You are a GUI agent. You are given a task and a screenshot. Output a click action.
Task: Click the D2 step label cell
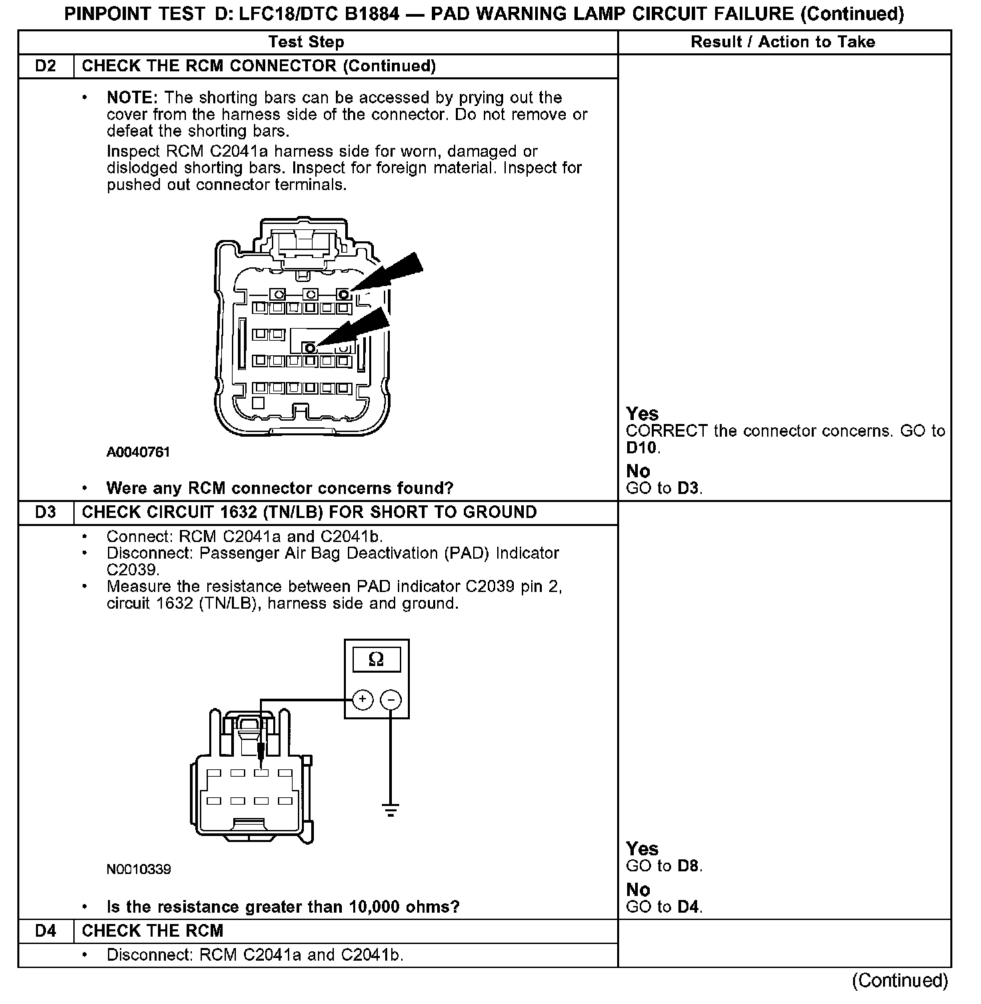click(45, 66)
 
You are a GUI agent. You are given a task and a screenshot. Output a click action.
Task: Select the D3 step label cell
click(45, 512)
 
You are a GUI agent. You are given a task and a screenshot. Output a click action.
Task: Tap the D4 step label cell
click(45, 931)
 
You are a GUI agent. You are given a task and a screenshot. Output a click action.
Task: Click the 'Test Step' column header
click(306, 42)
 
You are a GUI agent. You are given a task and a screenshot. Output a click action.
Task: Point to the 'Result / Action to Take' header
click(782, 42)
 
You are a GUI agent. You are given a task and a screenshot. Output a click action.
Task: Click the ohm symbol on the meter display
click(376, 659)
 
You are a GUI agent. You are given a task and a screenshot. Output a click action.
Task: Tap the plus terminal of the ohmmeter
click(362, 699)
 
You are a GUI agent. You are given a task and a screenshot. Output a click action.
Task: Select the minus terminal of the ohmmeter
click(391, 699)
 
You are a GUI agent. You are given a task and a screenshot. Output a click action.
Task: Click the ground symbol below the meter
click(391, 811)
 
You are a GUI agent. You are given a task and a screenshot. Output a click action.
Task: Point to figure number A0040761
click(139, 452)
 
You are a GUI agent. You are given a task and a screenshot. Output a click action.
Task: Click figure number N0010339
click(139, 869)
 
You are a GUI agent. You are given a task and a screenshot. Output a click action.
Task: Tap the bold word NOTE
click(131, 97)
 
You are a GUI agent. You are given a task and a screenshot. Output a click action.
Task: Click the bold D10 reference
click(641, 447)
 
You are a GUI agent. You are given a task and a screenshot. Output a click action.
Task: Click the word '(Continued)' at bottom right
click(900, 980)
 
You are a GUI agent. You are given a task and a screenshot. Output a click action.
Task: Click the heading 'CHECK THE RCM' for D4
click(153, 931)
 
